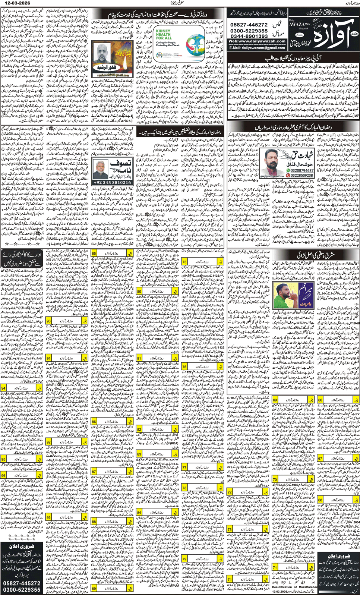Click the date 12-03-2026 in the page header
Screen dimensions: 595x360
(15, 3)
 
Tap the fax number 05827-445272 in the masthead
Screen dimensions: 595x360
(249, 25)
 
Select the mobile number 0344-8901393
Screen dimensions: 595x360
(249, 36)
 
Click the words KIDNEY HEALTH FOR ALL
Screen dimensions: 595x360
(164, 35)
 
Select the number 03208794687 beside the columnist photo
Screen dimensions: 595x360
(302, 170)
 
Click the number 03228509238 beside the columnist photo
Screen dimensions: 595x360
(302, 175)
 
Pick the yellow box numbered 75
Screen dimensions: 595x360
(184, 262)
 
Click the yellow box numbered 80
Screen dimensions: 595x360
(139, 291)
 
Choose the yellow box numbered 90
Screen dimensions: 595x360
(49, 321)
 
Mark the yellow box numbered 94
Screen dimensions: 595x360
(3, 388)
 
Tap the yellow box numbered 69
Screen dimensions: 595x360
(275, 400)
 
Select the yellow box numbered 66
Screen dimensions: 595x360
(320, 400)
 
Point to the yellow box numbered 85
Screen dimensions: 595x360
(94, 253)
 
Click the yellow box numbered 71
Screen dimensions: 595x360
(275, 567)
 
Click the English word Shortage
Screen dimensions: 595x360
(234, 476)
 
